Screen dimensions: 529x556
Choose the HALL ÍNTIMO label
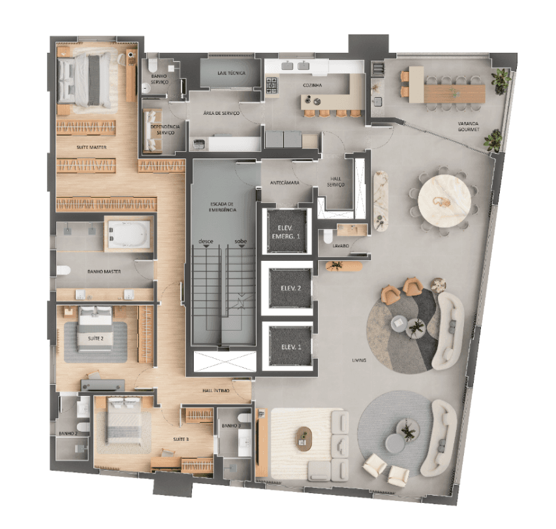(215, 391)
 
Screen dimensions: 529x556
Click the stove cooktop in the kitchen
(272, 83)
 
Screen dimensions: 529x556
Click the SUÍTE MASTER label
(91, 147)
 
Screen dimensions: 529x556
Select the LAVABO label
(339, 246)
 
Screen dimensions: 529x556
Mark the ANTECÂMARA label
(285, 183)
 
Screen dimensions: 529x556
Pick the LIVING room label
(358, 360)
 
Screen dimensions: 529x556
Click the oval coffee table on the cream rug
(303, 437)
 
